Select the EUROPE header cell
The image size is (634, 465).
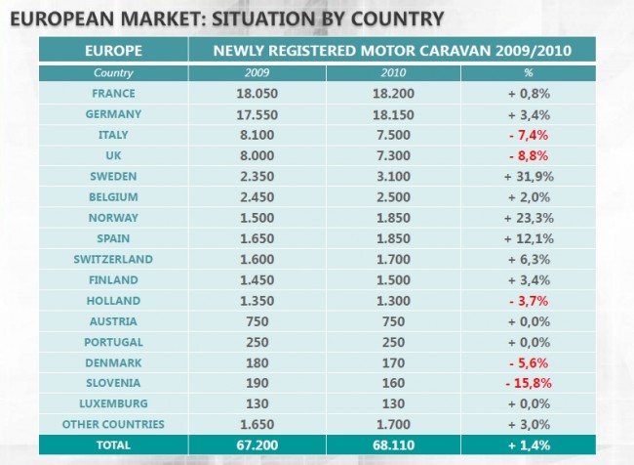[x=114, y=50]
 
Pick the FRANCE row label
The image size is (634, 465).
[x=114, y=93]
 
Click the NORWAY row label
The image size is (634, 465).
[x=114, y=218]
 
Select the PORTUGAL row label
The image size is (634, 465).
[x=114, y=342]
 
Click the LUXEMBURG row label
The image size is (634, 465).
[x=114, y=403]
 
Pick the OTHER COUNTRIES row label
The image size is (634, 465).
[x=114, y=424]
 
